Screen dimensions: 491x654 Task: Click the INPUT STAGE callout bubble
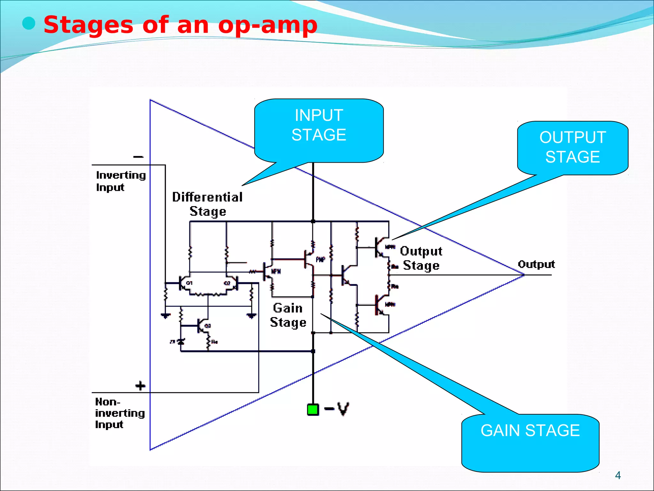click(x=319, y=130)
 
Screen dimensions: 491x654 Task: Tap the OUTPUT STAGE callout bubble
click(x=573, y=148)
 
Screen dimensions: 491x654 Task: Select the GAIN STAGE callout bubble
click(x=530, y=442)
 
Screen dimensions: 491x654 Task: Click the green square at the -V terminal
click(x=313, y=409)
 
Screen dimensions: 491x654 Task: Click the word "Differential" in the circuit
click(x=207, y=197)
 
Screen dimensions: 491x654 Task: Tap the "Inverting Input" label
click(x=120, y=181)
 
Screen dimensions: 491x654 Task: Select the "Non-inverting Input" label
click(x=119, y=413)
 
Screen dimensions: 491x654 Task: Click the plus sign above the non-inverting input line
click(x=140, y=386)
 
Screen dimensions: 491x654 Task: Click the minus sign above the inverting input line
click(x=138, y=157)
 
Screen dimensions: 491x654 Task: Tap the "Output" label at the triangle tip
click(x=536, y=264)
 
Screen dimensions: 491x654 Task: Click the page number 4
click(x=618, y=475)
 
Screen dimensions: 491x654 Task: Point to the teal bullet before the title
click(x=29, y=24)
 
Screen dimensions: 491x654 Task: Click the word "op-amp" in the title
click(x=268, y=25)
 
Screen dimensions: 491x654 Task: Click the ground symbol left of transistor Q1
click(x=165, y=316)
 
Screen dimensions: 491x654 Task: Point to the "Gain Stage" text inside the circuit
click(x=288, y=315)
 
